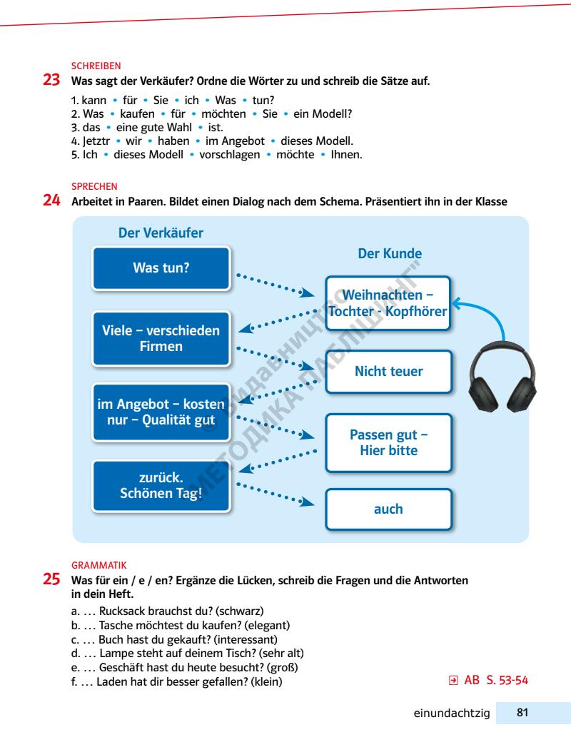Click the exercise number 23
pyautogui.click(x=53, y=81)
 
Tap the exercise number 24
pyautogui.click(x=53, y=202)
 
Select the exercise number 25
pyautogui.click(x=53, y=581)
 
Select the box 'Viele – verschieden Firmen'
pyautogui.click(x=161, y=338)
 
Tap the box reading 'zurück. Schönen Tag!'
pyautogui.click(x=161, y=486)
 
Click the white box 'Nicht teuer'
pyautogui.click(x=389, y=372)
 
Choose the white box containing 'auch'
pyautogui.click(x=389, y=509)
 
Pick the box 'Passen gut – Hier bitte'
pyautogui.click(x=389, y=442)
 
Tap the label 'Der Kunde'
pyautogui.click(x=389, y=254)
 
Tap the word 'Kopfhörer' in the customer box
pyautogui.click(x=418, y=311)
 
